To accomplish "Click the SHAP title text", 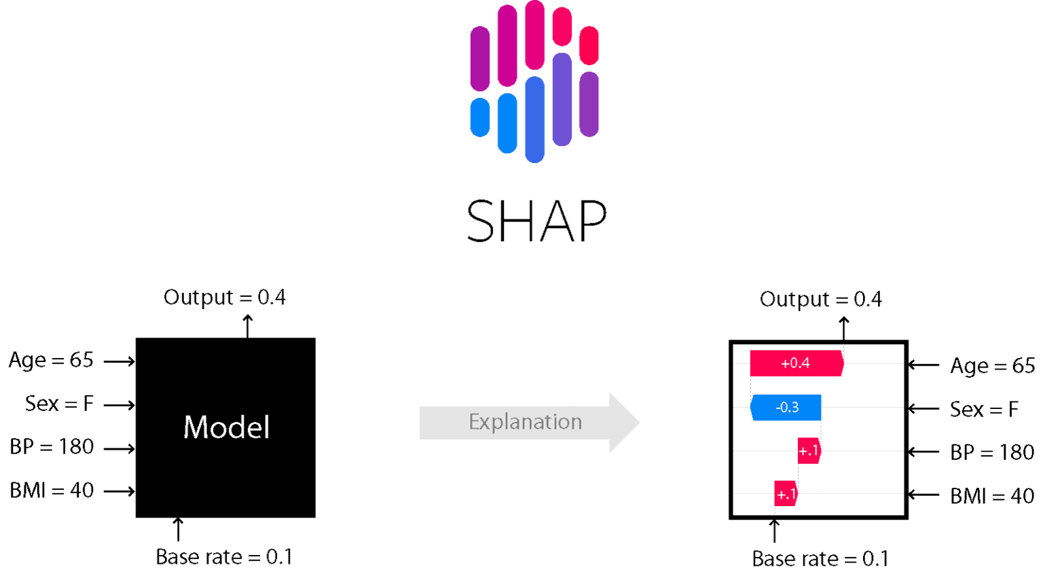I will click(536, 221).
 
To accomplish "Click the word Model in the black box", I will click(226, 427).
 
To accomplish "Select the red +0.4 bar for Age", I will click(796, 363).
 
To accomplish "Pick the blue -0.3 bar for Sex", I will click(786, 408).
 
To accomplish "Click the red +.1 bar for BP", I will click(809, 451).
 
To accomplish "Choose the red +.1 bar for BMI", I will click(786, 494).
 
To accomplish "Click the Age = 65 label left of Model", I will click(51, 360).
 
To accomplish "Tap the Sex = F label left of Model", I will click(59, 404).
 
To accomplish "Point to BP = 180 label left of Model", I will click(52, 447).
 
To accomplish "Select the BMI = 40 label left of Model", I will click(52, 490).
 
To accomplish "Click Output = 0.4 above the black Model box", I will click(225, 298).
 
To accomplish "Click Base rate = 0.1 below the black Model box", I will click(224, 557).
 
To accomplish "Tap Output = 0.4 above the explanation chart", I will click(820, 300).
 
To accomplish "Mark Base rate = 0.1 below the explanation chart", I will click(820, 559).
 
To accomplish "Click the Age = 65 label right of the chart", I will click(992, 366).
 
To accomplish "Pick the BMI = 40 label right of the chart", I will click(992, 497).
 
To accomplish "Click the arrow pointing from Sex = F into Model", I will click(120, 406).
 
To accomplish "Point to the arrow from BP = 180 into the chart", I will click(923, 452).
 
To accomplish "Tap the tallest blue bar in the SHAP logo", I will click(535, 119).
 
